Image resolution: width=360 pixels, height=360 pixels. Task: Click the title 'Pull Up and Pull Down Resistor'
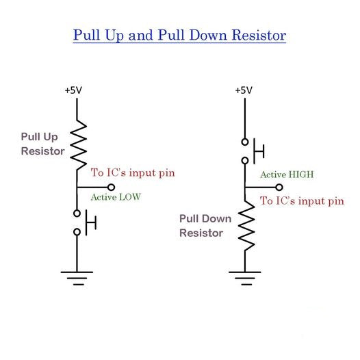click(x=179, y=34)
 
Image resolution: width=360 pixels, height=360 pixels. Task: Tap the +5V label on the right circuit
click(x=244, y=90)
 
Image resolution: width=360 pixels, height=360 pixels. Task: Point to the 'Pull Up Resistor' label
click(x=42, y=144)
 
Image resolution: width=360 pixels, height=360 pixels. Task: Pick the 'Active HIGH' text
click(x=287, y=175)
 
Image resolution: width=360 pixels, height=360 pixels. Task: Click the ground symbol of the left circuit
click(x=77, y=276)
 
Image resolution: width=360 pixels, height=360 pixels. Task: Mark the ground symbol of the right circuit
click(x=245, y=276)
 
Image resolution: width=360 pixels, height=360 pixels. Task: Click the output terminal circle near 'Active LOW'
click(x=112, y=187)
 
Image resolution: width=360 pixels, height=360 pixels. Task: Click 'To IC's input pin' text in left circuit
click(x=133, y=172)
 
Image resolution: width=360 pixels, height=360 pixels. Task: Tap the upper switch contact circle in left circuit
click(x=77, y=212)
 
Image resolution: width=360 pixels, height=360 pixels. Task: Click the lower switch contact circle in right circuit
click(x=245, y=162)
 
